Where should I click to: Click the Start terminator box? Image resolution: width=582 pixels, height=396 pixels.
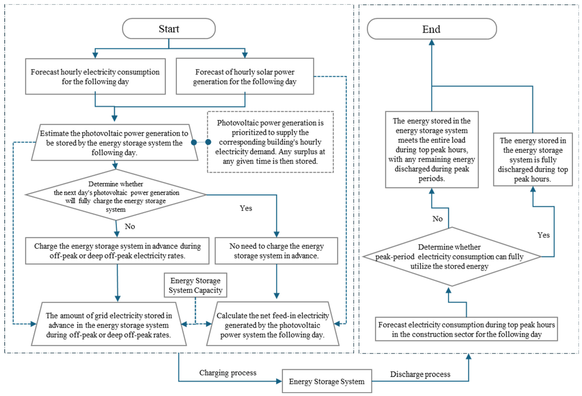tap(169, 29)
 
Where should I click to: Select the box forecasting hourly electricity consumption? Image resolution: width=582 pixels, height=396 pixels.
tap(95, 77)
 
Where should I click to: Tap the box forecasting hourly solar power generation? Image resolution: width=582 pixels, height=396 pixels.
tap(245, 76)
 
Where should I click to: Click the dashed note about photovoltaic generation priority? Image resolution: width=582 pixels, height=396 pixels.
tap(270, 142)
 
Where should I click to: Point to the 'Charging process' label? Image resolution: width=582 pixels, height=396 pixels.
tap(228, 373)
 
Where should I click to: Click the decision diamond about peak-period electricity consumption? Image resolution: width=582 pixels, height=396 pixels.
tap(452, 257)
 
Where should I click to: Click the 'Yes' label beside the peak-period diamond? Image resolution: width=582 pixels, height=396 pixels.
tap(543, 235)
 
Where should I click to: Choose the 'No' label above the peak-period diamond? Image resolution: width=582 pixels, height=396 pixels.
tap(438, 219)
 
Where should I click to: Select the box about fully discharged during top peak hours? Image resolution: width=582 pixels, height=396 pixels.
tap(533, 159)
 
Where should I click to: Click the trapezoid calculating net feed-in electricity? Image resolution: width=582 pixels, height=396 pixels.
tap(273, 324)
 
